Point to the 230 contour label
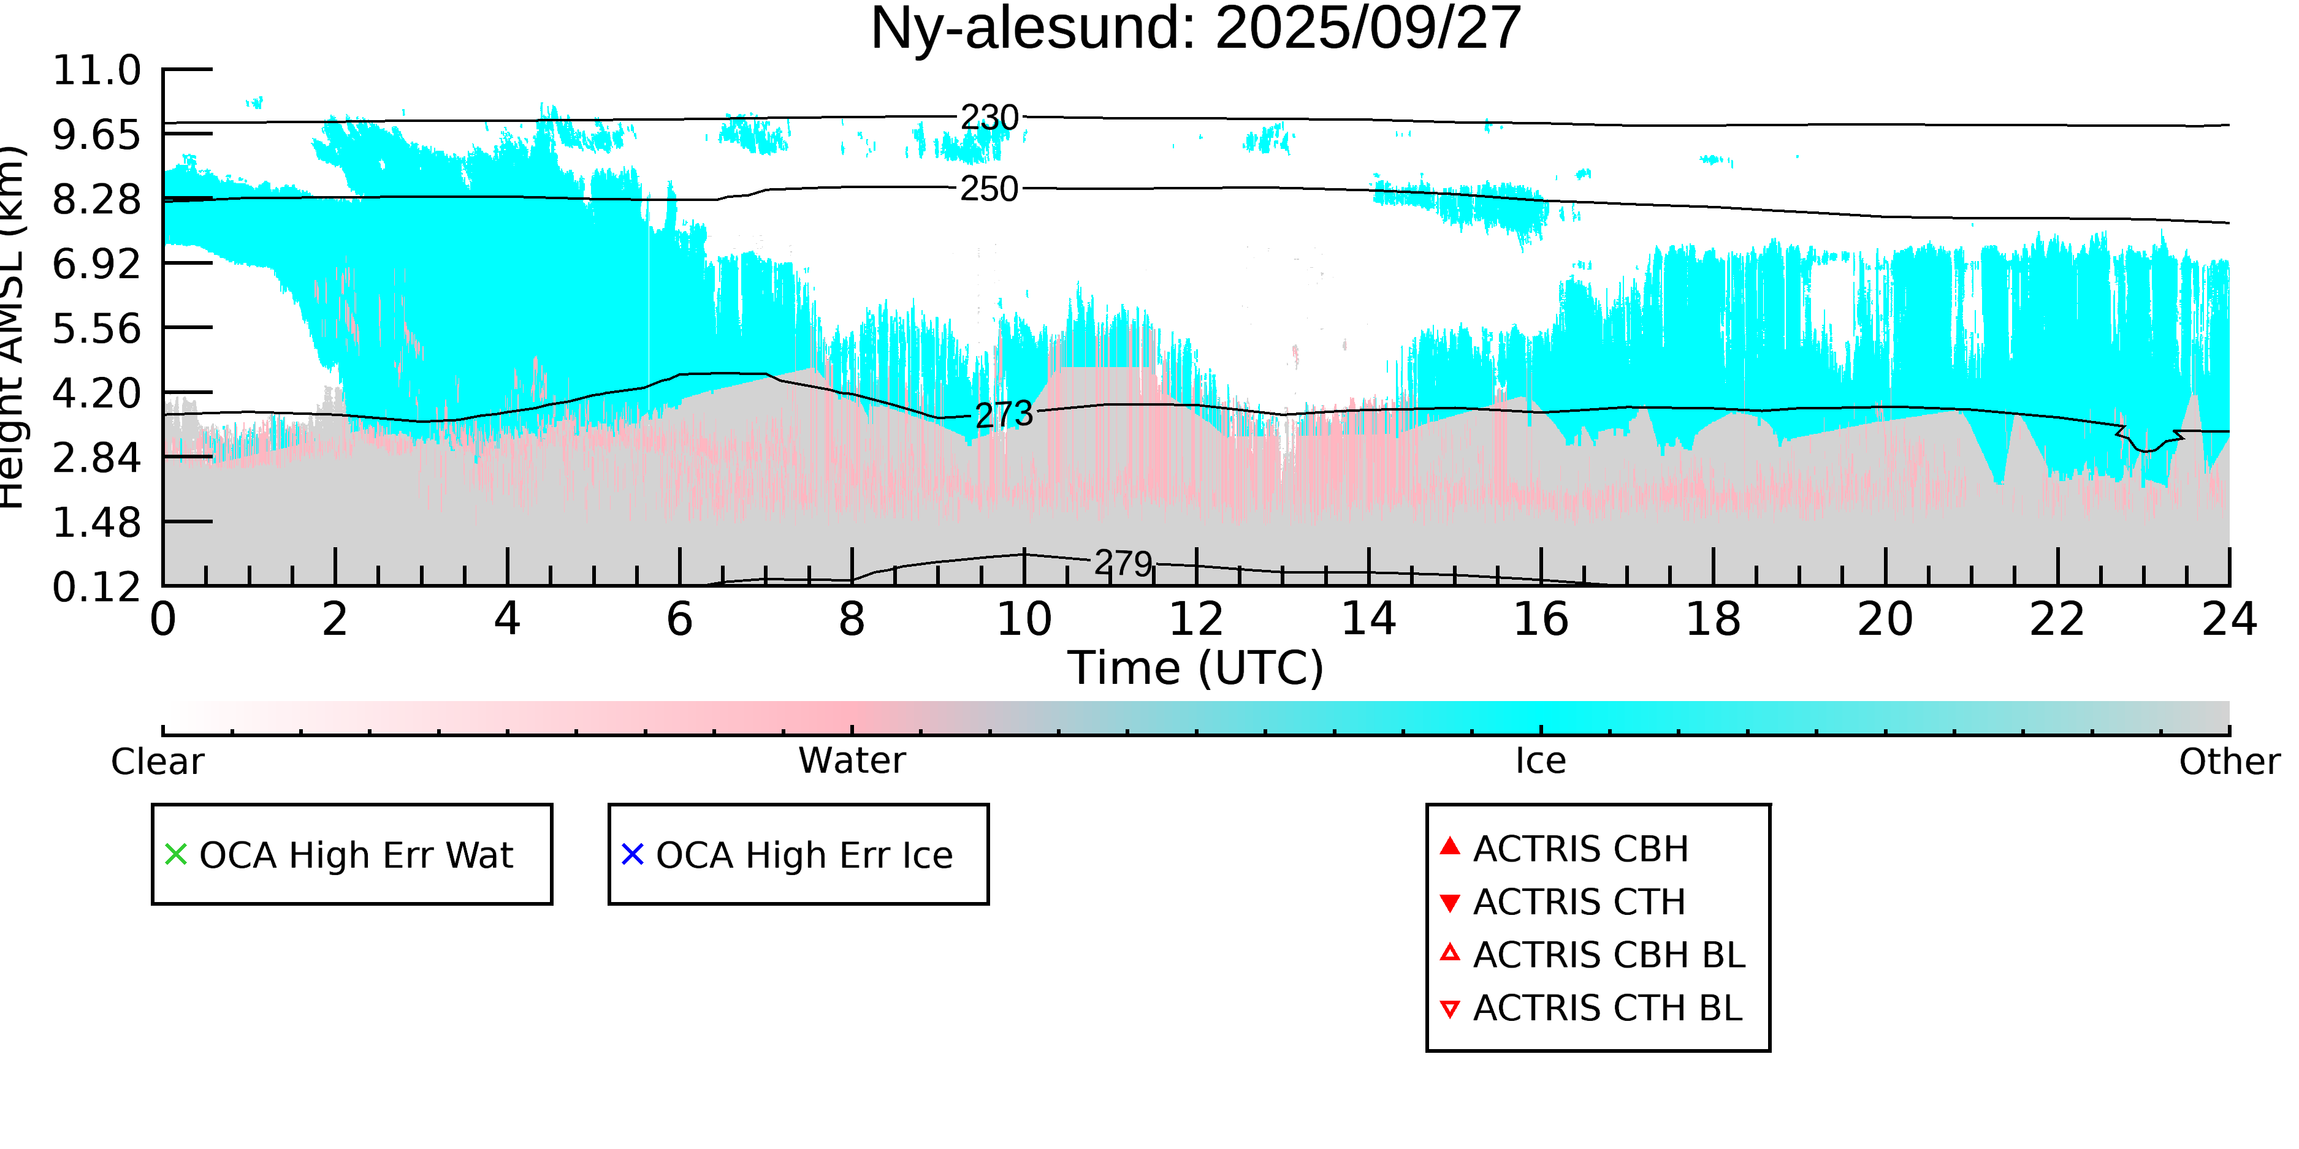tap(989, 118)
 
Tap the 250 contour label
tap(989, 189)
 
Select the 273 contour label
tap(1004, 415)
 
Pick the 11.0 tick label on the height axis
tap(96, 70)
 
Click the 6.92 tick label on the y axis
tap(96, 264)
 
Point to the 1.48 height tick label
tap(96, 523)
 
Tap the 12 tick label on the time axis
tap(1196, 619)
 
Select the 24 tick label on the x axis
tap(2229, 619)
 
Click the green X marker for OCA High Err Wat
tap(176, 855)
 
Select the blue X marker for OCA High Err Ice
tap(633, 855)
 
